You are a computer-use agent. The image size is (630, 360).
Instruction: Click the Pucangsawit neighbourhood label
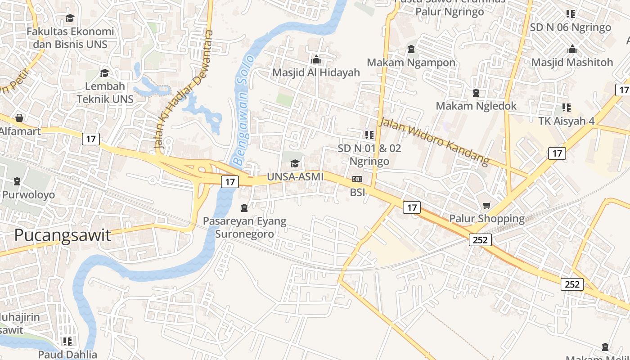pyautogui.click(x=62, y=235)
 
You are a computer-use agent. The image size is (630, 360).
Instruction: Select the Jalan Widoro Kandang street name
pyautogui.click(x=434, y=140)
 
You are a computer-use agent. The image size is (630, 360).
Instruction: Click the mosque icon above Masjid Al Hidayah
pyautogui.click(x=316, y=59)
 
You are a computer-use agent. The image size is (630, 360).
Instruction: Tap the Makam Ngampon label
pyautogui.click(x=411, y=63)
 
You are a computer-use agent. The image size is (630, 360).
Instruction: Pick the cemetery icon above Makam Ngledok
pyautogui.click(x=476, y=93)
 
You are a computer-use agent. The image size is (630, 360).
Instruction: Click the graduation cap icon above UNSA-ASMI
pyautogui.click(x=295, y=163)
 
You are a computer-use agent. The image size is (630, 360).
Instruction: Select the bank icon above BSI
pyautogui.click(x=357, y=179)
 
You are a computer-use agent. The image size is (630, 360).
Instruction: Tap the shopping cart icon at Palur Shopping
pyautogui.click(x=486, y=206)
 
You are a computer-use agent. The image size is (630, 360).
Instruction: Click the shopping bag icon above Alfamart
pyautogui.click(x=19, y=118)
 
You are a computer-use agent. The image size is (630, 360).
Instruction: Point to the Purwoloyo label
pyautogui.click(x=28, y=195)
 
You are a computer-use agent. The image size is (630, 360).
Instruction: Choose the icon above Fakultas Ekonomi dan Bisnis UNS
pyautogui.click(x=70, y=18)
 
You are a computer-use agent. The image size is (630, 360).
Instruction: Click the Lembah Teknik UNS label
pyautogui.click(x=105, y=92)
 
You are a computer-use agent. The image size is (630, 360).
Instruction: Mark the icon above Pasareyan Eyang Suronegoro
pyautogui.click(x=244, y=208)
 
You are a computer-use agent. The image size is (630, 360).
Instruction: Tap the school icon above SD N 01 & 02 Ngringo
pyautogui.click(x=369, y=135)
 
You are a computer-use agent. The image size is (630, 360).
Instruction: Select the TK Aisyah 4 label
pyautogui.click(x=566, y=121)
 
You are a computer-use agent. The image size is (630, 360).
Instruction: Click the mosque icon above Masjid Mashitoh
pyautogui.click(x=572, y=49)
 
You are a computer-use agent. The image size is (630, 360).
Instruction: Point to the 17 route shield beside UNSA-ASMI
pyautogui.click(x=229, y=182)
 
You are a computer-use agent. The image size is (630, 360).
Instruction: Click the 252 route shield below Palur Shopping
pyautogui.click(x=480, y=240)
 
